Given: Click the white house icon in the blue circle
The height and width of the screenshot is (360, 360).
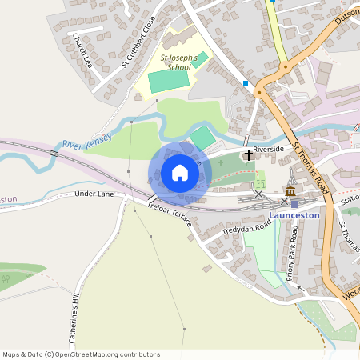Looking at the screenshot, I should [179, 173].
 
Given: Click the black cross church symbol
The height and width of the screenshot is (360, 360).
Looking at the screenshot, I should [248, 154].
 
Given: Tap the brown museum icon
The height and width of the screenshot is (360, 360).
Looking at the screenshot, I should [289, 192].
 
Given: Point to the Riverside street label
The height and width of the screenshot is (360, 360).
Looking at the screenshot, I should [269, 149].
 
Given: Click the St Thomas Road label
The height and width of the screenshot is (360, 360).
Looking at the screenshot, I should [311, 168].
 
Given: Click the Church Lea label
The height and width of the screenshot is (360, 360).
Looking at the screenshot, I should [82, 50].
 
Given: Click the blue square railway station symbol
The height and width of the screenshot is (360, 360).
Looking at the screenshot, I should [294, 203].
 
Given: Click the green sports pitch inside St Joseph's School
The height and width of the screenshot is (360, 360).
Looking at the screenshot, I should [169, 81].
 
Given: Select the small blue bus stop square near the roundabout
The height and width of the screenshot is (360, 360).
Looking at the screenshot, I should [246, 82].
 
